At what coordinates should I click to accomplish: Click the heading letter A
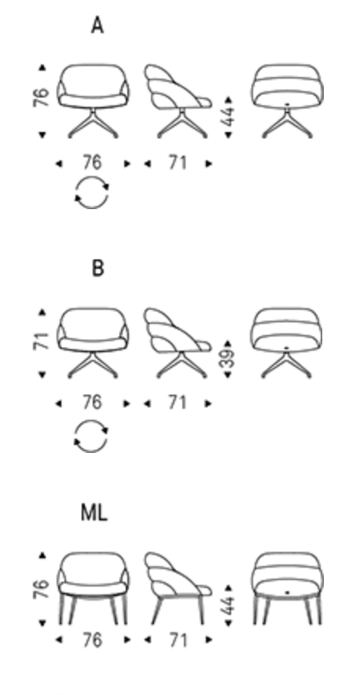97,26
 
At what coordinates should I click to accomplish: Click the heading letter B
98,268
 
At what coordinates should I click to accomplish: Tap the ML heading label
94,513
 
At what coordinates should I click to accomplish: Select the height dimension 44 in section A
230,116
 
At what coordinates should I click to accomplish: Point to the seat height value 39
227,359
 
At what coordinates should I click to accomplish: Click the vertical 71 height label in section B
41,341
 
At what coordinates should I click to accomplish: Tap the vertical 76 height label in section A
40,97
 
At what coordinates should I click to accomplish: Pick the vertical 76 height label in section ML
40,589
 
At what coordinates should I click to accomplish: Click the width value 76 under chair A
92,163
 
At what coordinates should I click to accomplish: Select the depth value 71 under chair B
177,403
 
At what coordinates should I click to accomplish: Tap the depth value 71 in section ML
177,640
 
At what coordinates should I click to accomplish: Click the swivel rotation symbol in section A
92,193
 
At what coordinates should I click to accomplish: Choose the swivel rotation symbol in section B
91,436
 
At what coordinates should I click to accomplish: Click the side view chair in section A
178,101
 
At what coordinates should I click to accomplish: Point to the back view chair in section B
287,343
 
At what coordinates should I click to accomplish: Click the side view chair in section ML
178,588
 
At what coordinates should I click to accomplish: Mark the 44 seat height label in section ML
230,605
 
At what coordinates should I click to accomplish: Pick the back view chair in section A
287,101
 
